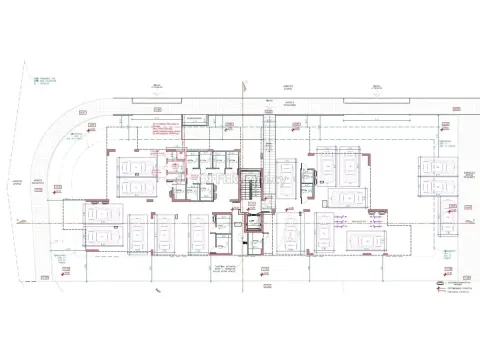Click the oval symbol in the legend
coord(441,282)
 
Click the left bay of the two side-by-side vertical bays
coord(326,160)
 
